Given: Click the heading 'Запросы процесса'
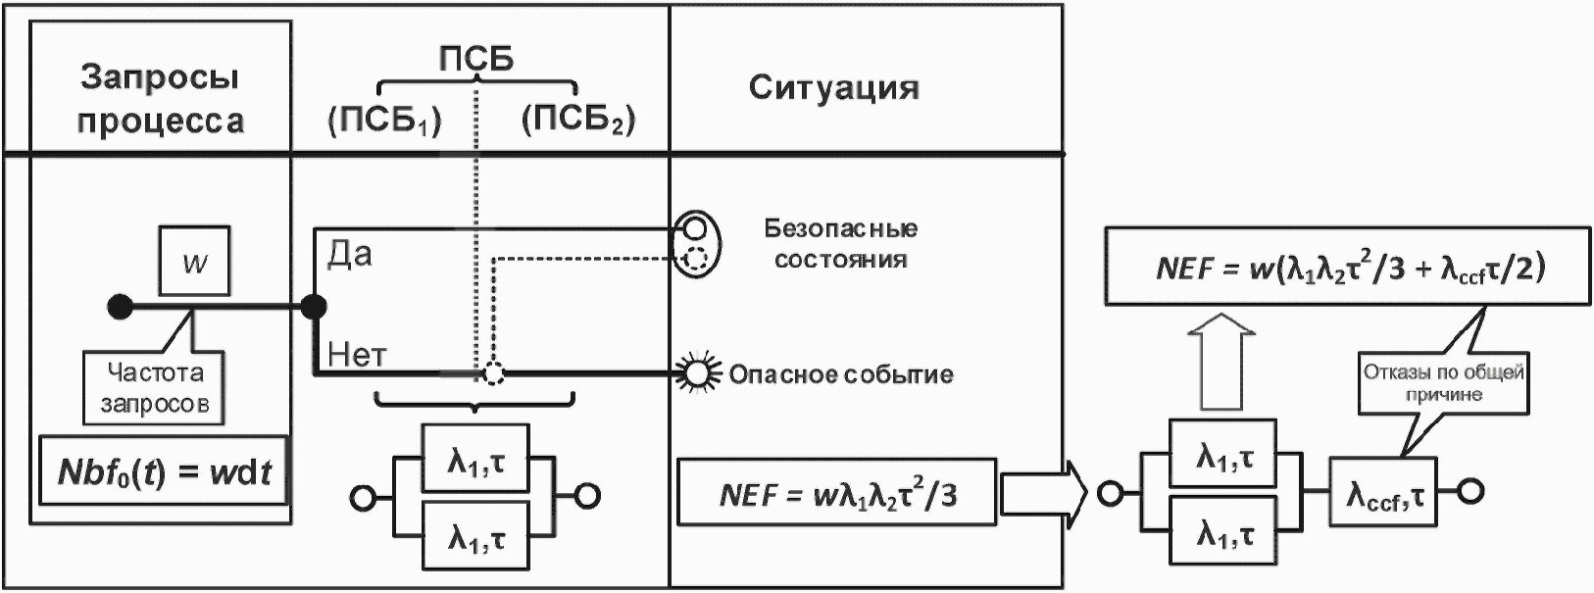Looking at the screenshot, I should click(161, 99).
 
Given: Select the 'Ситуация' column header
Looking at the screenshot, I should click(834, 88).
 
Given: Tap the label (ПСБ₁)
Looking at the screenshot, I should click(383, 121).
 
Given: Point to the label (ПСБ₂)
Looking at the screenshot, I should click(578, 120).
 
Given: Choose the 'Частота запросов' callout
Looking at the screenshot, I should click(157, 387).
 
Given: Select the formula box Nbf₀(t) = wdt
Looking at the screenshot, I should click(165, 471).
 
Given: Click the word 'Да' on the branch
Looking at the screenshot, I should click(350, 255).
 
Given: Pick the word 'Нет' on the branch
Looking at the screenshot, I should click(357, 354).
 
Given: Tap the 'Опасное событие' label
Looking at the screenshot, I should click(841, 374).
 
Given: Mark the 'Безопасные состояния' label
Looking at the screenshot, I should click(841, 244).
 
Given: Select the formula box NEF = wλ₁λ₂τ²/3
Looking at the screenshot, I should click(837, 492).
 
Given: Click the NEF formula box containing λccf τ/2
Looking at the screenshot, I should click(1347, 268).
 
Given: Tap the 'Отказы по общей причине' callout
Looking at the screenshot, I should click(1443, 383).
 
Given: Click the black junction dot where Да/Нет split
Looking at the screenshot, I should click(314, 308).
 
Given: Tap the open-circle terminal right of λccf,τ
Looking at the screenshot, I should click(1469, 490).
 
